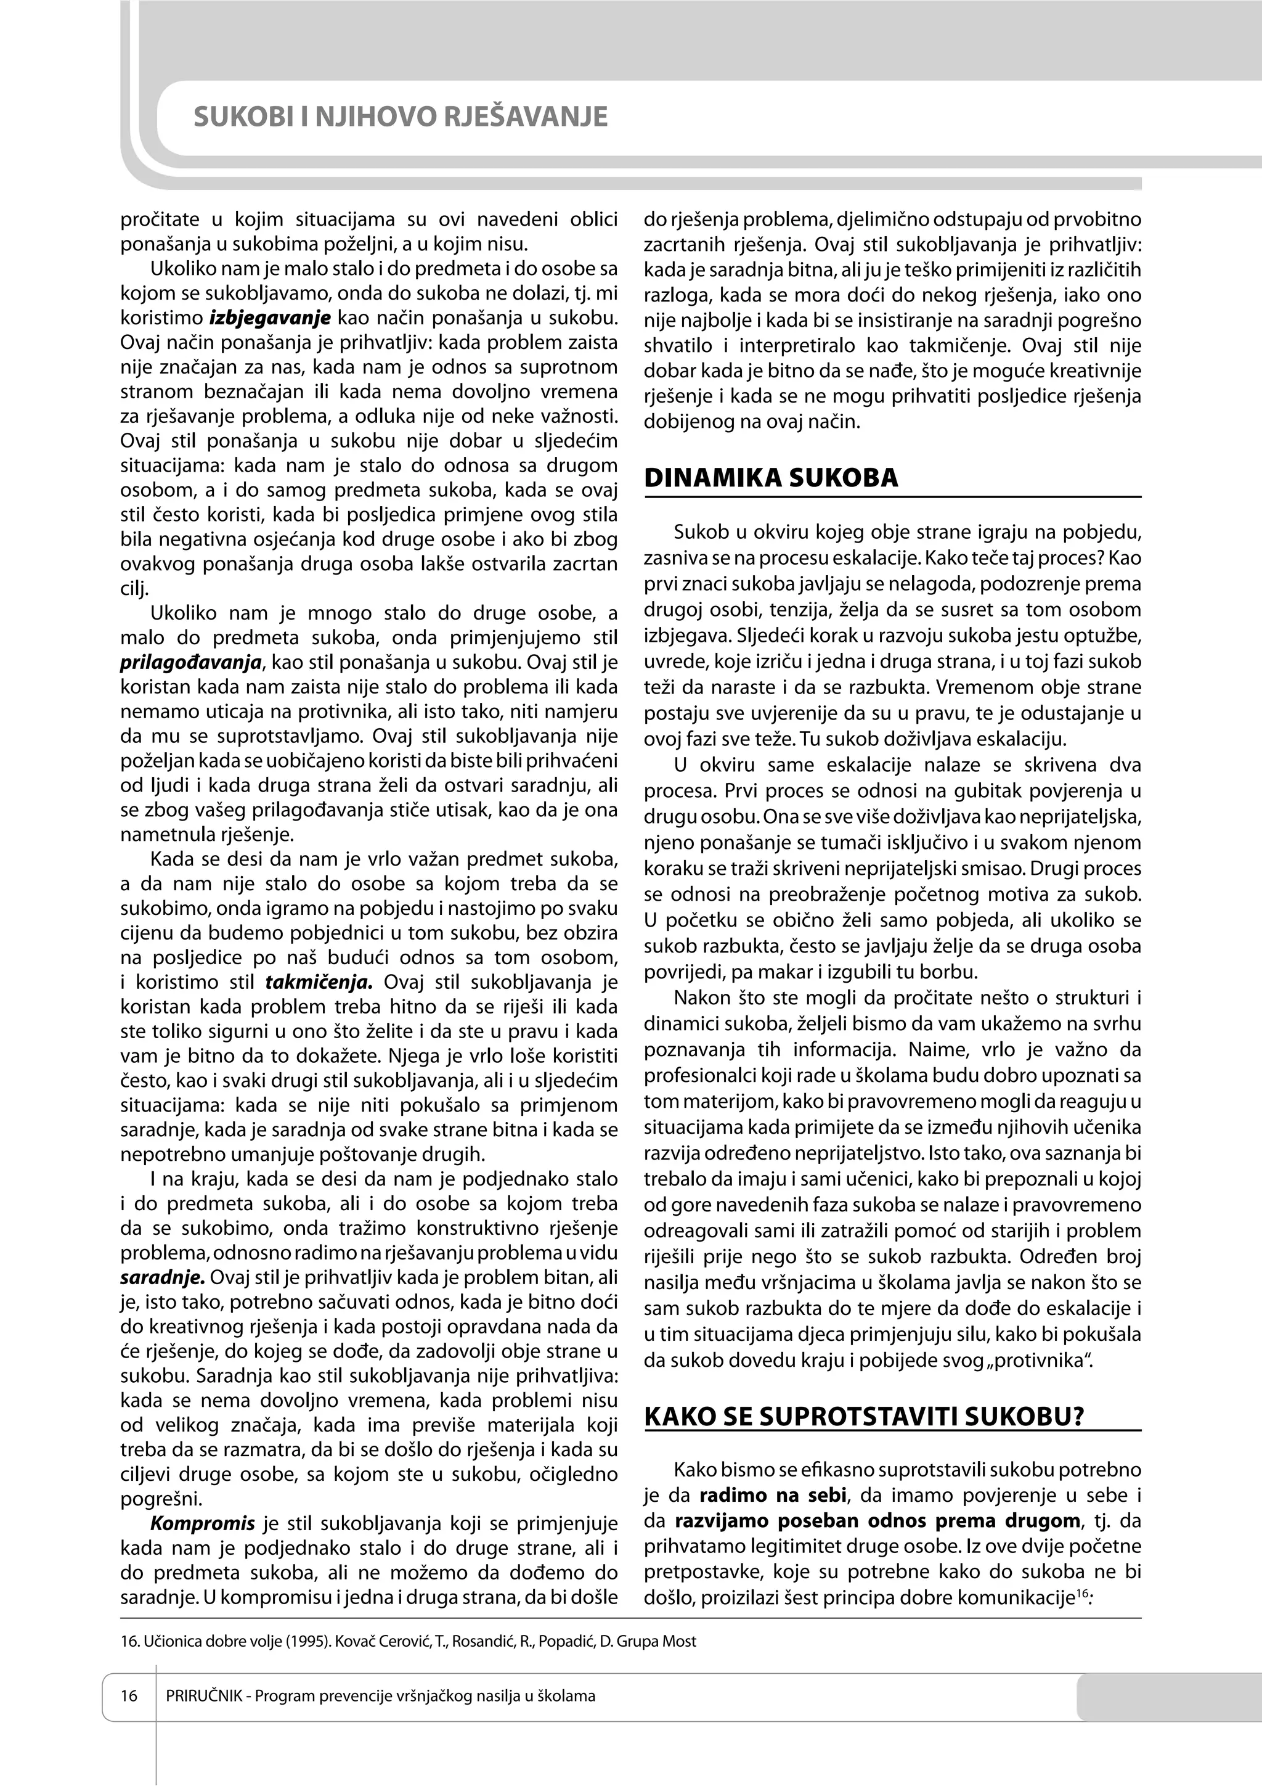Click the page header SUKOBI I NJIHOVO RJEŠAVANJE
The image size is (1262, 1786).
coord(400,117)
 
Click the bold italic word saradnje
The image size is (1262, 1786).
coord(163,1277)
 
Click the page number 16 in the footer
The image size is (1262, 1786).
coord(129,1694)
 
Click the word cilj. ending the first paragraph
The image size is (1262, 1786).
coord(134,588)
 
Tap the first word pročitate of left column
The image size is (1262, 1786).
coord(160,219)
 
